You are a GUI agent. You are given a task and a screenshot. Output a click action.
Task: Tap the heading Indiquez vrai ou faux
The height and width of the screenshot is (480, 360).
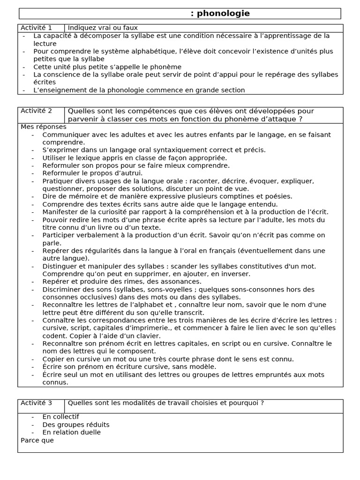point(103,28)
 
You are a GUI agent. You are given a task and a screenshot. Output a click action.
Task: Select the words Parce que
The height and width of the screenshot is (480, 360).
point(37,440)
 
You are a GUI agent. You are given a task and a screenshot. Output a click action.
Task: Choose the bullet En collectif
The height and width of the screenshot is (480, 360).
point(60,417)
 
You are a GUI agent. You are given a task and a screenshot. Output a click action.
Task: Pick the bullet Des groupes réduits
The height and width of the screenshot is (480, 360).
point(75,425)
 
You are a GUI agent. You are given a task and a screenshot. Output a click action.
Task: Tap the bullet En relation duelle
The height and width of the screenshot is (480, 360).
point(71,432)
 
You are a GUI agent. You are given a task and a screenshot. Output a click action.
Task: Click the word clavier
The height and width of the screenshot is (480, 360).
point(148,336)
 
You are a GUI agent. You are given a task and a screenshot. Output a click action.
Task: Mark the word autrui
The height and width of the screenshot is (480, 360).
point(117,173)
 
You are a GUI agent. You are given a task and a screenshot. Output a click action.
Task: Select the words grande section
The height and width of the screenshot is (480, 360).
point(222,90)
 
